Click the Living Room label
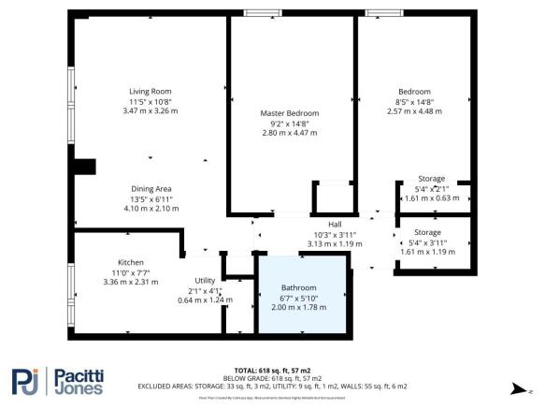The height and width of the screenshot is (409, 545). (x=150, y=92)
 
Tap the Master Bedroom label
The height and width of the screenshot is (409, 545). (x=289, y=113)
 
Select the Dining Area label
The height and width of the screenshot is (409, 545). (x=151, y=189)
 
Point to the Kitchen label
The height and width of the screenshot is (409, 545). (x=130, y=262)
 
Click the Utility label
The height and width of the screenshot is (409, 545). (x=205, y=281)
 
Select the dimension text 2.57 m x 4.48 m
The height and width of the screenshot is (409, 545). (x=412, y=111)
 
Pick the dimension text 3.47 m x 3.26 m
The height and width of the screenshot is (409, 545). (x=150, y=111)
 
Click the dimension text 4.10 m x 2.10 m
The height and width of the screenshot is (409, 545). (x=151, y=208)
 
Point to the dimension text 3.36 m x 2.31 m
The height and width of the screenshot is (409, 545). (x=130, y=282)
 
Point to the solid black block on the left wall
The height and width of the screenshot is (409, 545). (x=84, y=168)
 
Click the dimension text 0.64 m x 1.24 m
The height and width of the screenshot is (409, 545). (x=205, y=299)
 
